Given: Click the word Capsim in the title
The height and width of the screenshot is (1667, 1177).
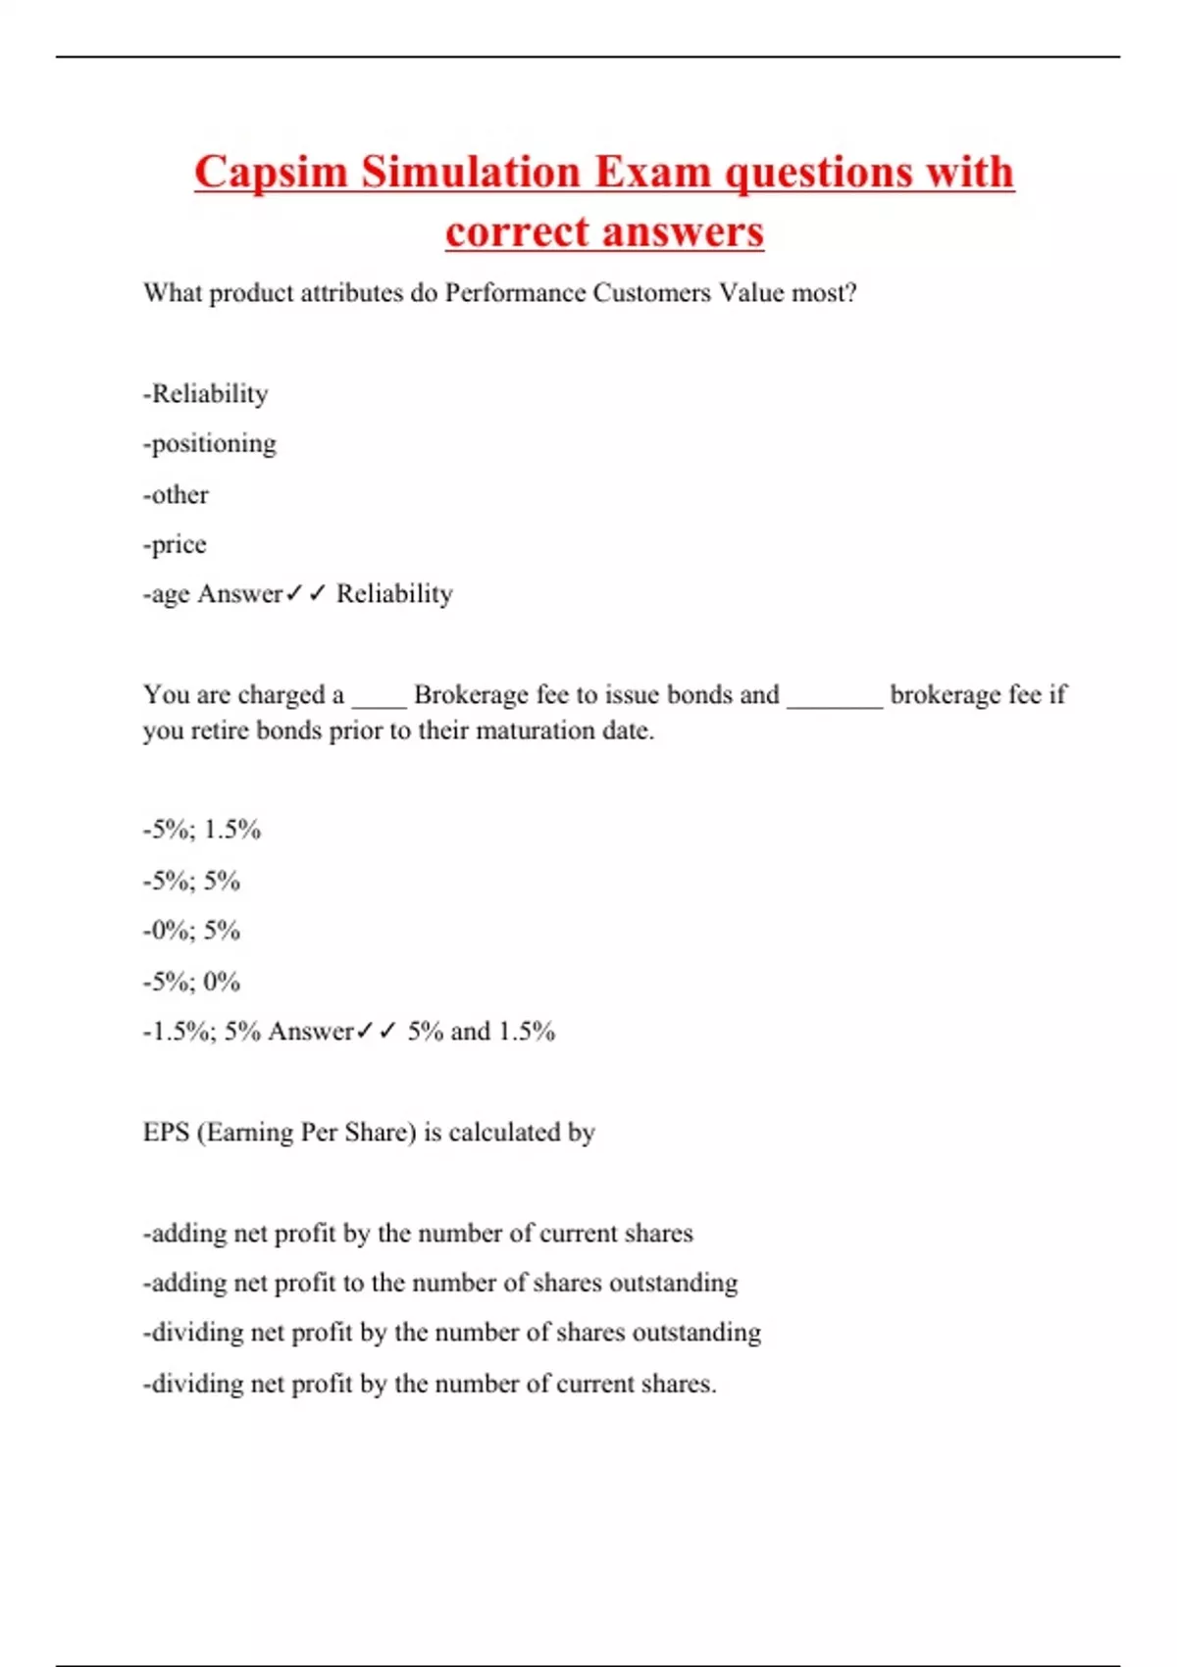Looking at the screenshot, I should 271,174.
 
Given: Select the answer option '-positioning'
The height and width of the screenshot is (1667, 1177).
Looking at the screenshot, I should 210,444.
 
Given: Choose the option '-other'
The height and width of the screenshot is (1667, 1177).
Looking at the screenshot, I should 176,494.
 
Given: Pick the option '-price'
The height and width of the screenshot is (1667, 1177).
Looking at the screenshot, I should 175,544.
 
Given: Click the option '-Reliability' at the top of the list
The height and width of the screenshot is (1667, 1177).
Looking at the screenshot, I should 205,394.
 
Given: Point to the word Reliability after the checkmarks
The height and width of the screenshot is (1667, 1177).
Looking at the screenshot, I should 394,594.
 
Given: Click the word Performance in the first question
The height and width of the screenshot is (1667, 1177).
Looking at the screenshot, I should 515,293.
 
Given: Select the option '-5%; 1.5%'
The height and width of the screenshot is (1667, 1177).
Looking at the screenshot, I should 202,831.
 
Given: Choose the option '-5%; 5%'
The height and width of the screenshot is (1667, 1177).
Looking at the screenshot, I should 191,881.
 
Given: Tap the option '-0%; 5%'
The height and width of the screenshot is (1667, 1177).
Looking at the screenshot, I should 191,931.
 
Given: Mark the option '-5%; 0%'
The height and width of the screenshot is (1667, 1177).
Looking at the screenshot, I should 191,981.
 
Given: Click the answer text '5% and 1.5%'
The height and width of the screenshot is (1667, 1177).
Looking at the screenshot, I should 482,1032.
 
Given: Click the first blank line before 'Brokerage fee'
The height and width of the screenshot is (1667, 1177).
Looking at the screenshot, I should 379,702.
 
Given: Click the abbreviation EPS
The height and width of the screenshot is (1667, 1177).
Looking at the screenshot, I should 166,1133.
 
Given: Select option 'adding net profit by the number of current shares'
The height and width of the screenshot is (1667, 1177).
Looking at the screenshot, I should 418,1234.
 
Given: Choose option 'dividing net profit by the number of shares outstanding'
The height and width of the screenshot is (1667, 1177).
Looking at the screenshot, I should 452,1333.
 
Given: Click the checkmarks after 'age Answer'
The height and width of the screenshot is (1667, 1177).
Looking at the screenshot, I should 305,594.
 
